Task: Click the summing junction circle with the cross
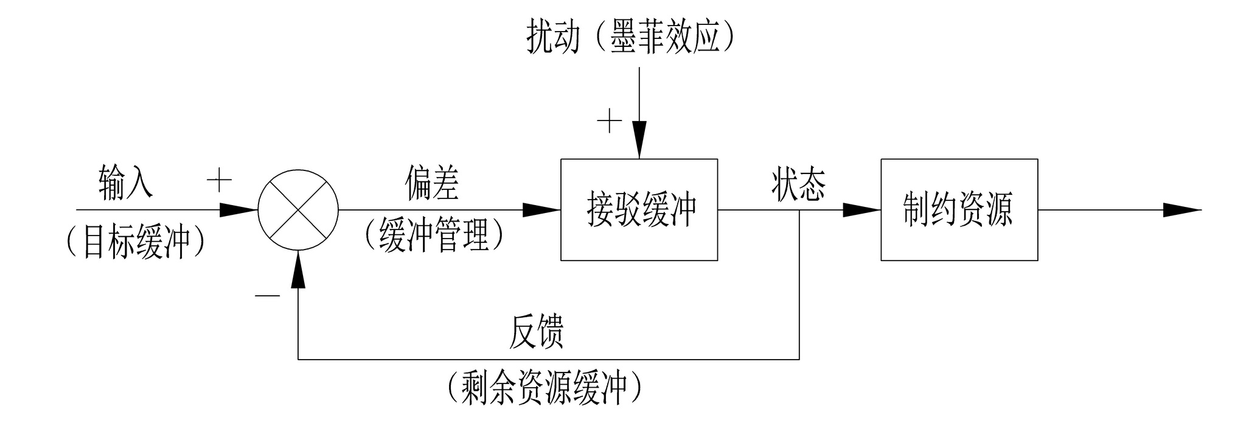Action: (x=298, y=210)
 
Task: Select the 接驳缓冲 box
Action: (x=639, y=210)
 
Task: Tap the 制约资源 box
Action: (x=959, y=210)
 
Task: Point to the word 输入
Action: (x=126, y=183)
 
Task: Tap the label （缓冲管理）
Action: (x=434, y=235)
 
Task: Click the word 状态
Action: (x=798, y=184)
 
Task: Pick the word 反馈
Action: (x=536, y=332)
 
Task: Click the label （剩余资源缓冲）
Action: (x=544, y=387)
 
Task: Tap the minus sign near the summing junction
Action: (x=267, y=296)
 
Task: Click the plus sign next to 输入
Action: (x=220, y=181)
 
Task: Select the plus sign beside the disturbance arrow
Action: (x=609, y=122)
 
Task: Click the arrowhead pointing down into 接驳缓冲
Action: (x=639, y=140)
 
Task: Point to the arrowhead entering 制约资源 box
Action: (x=861, y=210)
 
